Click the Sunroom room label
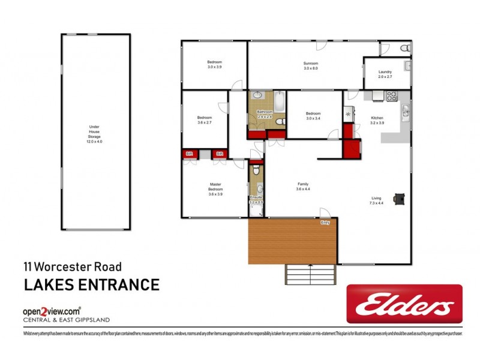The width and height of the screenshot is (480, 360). coord(310,63)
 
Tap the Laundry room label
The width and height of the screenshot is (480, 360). coord(385,72)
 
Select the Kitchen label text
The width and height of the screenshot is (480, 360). coord(376,118)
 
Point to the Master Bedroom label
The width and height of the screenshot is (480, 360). coord(215,187)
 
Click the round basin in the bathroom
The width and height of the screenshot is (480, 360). coord(257,95)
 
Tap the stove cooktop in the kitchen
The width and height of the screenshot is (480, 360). coord(391,95)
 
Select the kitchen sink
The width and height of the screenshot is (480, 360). coord(406,110)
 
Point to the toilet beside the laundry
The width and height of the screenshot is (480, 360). coord(404,48)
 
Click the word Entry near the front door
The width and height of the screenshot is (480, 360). coord(325,223)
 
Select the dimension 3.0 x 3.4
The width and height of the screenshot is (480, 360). coord(313,118)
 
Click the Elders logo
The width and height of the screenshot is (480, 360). coord(404,304)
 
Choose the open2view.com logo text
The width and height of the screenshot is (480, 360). coord(52,311)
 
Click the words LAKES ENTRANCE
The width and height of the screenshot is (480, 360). coord(91,284)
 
